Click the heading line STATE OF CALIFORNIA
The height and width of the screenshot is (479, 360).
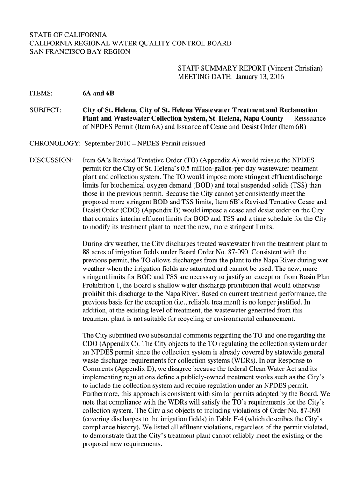(68, 36)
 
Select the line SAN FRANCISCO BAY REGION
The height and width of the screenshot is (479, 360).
(80, 51)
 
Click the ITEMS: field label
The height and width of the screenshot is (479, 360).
(41, 94)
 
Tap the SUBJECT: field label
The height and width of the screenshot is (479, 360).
(45, 110)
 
